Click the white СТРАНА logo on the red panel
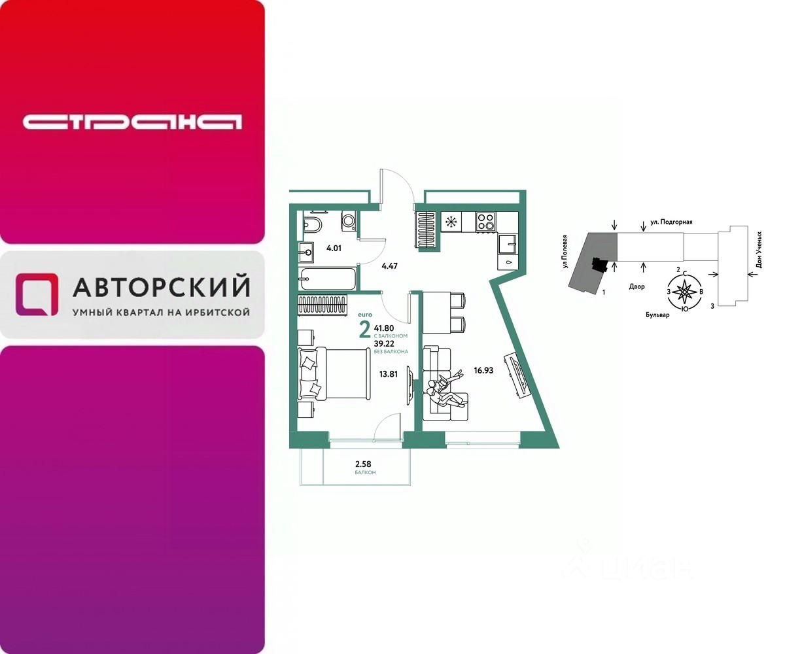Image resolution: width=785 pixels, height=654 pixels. tap(132, 122)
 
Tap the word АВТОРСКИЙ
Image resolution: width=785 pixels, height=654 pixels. tap(161, 286)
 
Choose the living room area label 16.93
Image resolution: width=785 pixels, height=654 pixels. tap(484, 370)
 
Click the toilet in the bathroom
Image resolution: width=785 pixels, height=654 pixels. tap(312, 226)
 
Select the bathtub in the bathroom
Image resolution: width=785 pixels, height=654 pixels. tap(328, 279)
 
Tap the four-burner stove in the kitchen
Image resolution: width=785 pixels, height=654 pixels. tap(485, 221)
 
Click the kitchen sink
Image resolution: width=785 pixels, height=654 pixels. tap(507, 244)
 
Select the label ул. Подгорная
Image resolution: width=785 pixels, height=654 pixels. tap(671, 222)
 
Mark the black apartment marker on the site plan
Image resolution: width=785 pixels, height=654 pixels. tap(596, 264)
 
